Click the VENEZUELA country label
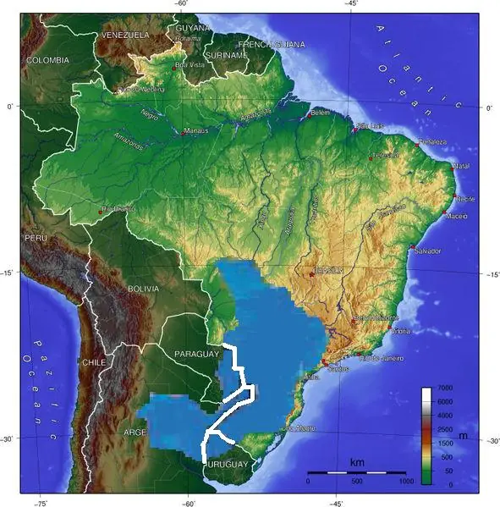[x=124, y=35]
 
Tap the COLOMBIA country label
[x=47, y=60]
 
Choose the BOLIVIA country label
[x=142, y=289]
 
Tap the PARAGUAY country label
[x=195, y=353]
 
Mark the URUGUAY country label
[x=226, y=465]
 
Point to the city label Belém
[x=320, y=113]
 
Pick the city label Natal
[x=461, y=166]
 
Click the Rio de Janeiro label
[x=382, y=358]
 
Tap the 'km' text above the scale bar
[x=356, y=463]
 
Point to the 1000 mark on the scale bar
[x=407, y=481]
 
